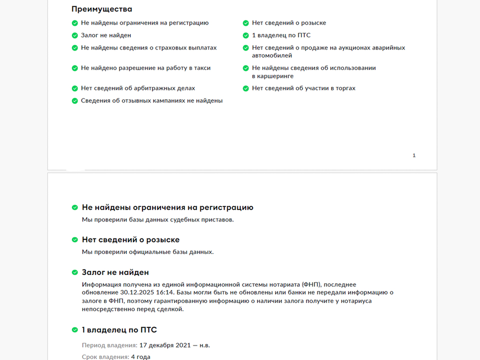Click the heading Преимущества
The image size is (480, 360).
102,9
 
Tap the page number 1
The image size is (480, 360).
414,155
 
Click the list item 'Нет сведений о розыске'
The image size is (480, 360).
289,23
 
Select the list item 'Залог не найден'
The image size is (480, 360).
106,35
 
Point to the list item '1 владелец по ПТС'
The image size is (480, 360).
281,35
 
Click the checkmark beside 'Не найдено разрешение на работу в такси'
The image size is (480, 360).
75,68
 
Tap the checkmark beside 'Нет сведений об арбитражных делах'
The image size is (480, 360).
75,88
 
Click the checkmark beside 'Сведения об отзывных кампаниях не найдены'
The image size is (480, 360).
75,101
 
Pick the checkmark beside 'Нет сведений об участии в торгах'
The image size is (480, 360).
246,88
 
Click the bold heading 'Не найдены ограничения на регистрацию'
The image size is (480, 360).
167,207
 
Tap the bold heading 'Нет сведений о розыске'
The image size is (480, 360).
130,240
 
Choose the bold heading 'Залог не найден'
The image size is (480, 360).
115,272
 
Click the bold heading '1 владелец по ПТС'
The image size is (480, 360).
119,330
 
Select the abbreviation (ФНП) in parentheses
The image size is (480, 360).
313,284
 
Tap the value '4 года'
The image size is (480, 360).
140,357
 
